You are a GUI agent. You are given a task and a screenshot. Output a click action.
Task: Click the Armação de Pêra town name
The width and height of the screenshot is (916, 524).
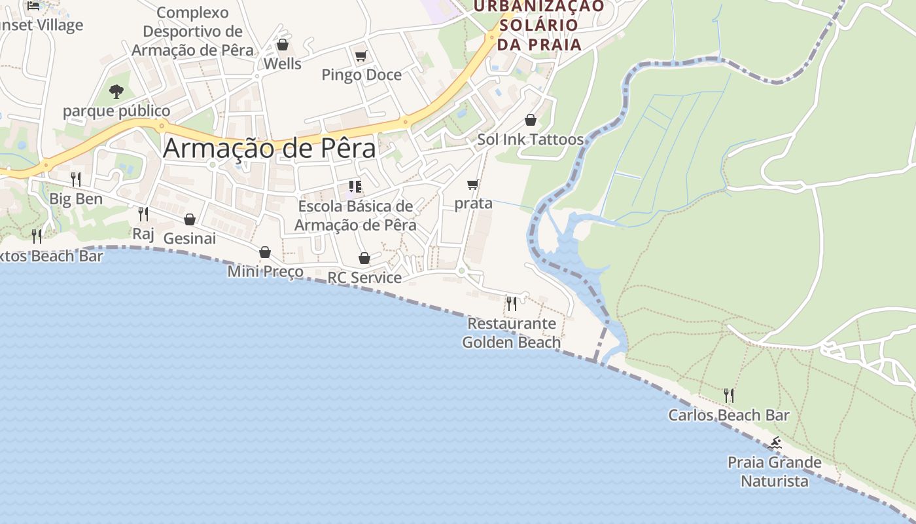(270, 148)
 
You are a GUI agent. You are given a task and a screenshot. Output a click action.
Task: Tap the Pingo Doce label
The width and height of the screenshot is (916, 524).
(361, 75)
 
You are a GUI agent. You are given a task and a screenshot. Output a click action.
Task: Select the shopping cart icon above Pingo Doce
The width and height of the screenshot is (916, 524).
(361, 56)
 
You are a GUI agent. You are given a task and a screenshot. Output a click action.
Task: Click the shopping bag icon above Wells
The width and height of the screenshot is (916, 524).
(283, 45)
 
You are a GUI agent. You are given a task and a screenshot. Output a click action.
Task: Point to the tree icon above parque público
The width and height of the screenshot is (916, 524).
(116, 91)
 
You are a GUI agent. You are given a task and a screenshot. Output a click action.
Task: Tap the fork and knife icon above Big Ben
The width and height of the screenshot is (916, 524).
(76, 179)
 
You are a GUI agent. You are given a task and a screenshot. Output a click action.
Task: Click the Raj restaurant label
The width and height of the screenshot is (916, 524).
(143, 234)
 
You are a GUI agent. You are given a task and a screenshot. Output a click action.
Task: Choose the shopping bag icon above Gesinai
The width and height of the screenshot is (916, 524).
(190, 219)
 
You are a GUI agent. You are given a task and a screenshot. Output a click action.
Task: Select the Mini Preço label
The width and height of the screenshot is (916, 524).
(265, 271)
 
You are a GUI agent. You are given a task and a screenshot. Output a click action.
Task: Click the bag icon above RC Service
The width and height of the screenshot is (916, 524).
(364, 259)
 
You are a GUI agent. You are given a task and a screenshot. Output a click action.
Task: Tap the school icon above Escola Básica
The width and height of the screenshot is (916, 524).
(355, 187)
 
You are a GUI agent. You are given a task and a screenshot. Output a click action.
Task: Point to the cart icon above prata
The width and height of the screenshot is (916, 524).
(473, 185)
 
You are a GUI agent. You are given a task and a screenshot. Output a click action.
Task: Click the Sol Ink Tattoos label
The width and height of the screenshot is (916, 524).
(530, 139)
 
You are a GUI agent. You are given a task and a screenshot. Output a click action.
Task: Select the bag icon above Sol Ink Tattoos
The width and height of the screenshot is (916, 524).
(531, 121)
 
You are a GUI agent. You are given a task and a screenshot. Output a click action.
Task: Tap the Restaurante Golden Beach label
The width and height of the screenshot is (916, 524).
(511, 333)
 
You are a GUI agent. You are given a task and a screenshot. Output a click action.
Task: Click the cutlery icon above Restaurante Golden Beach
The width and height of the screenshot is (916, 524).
(512, 303)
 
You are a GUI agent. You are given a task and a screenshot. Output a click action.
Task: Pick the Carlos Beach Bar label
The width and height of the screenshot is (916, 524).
(728, 415)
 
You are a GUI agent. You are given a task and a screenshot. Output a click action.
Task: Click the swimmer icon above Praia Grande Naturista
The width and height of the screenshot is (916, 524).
(775, 443)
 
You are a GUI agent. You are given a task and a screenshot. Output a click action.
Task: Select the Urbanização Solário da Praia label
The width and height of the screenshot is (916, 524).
(539, 25)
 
